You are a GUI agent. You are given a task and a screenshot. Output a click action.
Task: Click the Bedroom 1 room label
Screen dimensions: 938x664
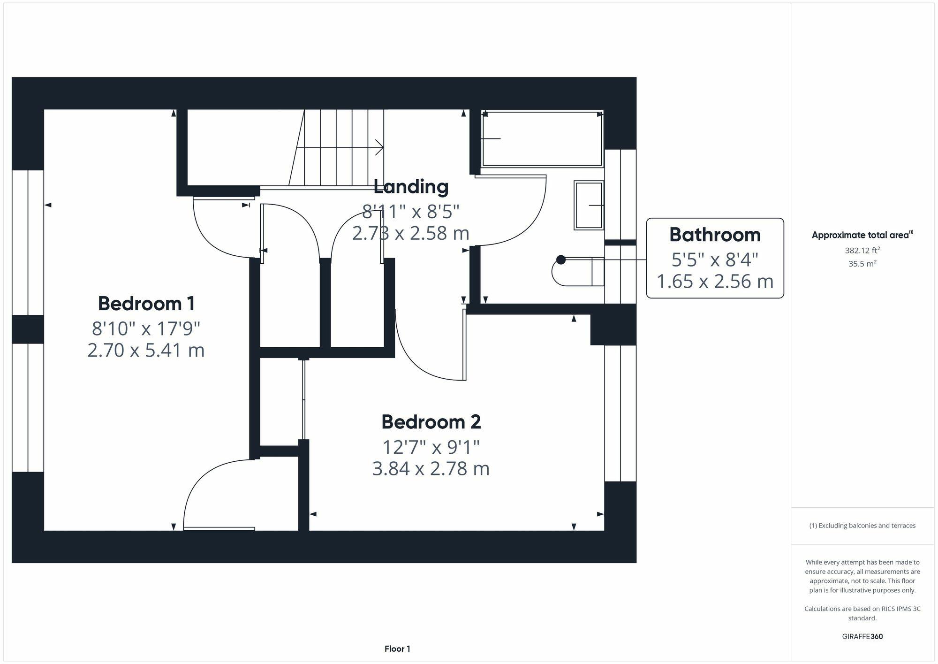click(x=146, y=304)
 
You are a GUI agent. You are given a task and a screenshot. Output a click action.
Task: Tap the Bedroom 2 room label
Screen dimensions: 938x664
click(x=431, y=422)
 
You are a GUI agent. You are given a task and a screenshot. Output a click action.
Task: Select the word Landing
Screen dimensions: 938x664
click(x=411, y=187)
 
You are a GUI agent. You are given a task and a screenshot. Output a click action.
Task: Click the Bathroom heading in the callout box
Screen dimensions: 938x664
click(x=715, y=235)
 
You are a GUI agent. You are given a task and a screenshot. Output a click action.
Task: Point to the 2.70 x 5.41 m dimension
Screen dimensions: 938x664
click(x=146, y=351)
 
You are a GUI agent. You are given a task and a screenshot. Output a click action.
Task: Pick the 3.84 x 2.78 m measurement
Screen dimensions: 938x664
click(x=431, y=469)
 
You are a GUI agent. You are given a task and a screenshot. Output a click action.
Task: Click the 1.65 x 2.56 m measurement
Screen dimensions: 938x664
click(x=715, y=282)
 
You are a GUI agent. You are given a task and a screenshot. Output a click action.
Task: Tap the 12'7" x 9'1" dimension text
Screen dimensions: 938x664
click(x=431, y=447)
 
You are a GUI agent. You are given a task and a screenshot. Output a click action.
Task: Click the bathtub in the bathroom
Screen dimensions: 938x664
click(x=542, y=138)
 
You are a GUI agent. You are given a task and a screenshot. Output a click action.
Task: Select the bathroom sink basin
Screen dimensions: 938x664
click(x=589, y=205)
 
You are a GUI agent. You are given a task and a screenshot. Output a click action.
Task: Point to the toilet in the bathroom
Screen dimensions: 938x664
click(x=578, y=271)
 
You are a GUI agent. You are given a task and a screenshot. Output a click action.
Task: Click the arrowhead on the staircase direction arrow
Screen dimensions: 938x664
click(x=380, y=147)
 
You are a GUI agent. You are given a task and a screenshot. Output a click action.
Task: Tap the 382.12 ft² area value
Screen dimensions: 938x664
click(x=862, y=250)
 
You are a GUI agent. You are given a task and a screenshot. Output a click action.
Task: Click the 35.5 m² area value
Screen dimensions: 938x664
click(x=862, y=263)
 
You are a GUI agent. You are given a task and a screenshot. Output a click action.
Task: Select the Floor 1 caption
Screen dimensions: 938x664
click(x=397, y=649)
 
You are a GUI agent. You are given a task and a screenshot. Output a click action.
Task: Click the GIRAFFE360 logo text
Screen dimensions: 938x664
click(x=862, y=636)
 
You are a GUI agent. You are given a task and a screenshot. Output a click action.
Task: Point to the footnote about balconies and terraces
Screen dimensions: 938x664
click(x=862, y=526)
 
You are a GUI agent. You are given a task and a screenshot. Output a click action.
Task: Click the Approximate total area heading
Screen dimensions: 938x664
click(x=862, y=235)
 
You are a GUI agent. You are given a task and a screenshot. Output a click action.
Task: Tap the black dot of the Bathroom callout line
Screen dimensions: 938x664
click(x=561, y=259)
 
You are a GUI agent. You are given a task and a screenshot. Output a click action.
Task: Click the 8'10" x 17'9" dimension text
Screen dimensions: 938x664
click(x=146, y=328)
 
